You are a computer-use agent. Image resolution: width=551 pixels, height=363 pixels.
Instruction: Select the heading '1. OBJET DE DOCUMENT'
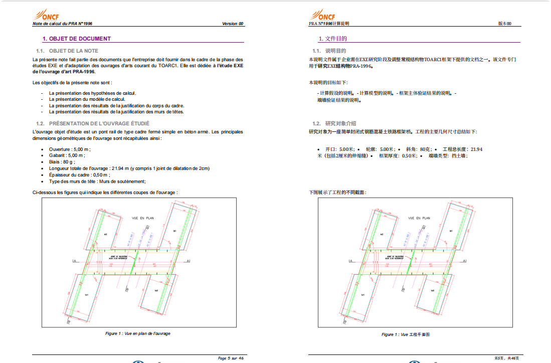click(x=77, y=39)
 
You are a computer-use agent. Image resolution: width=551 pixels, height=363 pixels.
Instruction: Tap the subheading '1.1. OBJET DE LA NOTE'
click(x=67, y=51)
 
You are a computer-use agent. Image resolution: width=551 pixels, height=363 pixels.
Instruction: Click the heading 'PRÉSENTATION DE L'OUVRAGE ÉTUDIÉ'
click(x=99, y=123)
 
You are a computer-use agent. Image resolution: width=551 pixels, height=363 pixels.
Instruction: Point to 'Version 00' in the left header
click(x=233, y=24)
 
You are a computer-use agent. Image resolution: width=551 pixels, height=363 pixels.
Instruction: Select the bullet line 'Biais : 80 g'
click(x=63, y=162)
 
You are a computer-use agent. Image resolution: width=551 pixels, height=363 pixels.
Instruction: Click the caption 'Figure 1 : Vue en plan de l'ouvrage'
click(x=137, y=333)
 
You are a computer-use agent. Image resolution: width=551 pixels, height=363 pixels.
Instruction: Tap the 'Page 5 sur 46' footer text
click(x=231, y=358)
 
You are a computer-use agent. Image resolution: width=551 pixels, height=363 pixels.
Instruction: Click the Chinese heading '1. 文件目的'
click(x=333, y=39)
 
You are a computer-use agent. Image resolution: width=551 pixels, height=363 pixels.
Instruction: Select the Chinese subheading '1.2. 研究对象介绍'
click(x=334, y=123)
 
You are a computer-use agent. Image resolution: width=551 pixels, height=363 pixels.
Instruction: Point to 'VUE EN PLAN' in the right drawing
click(x=419, y=218)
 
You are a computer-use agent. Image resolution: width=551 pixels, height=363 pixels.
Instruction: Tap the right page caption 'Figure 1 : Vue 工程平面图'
click(x=406, y=334)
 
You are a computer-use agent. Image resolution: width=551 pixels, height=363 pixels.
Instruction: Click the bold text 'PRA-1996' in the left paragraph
click(x=84, y=72)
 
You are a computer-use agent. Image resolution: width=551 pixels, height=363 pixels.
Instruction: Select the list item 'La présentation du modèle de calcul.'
click(x=80, y=99)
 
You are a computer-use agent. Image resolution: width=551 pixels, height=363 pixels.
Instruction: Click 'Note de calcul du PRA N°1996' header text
click(x=62, y=24)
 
